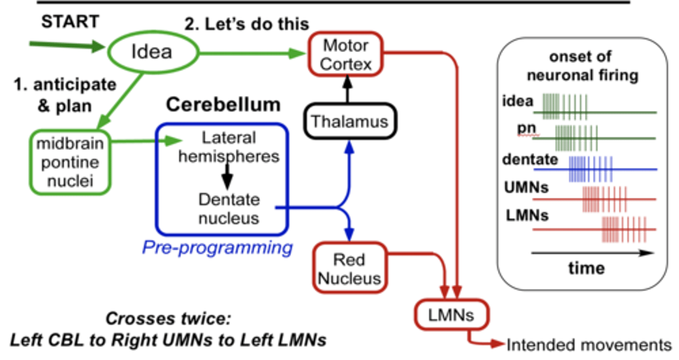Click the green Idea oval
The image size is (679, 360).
151,52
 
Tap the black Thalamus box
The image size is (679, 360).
349,122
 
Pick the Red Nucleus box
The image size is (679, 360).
349,268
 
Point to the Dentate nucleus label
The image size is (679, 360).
229,209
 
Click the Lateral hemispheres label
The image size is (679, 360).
229,147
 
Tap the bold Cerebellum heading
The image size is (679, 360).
223,105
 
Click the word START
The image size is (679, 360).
70,22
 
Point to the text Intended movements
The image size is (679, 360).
589,345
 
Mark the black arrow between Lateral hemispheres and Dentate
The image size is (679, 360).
227,174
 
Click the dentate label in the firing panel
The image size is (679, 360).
530,160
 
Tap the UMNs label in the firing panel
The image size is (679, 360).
527,188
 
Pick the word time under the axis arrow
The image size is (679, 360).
586,268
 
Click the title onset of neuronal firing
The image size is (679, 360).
582,66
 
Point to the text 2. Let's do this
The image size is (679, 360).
247,24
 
